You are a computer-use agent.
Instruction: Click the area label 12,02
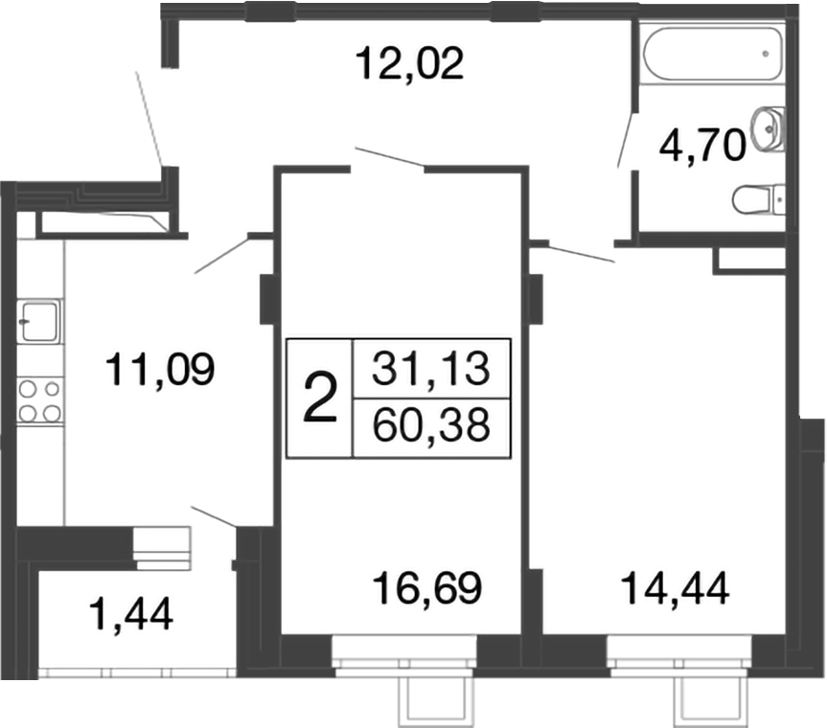coord(409,64)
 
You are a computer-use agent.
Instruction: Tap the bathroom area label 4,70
coord(701,148)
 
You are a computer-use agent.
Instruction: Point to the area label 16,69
coord(426,586)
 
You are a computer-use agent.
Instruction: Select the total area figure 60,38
coord(431,422)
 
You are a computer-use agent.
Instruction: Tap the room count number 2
coord(320,398)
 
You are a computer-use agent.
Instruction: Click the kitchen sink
coord(39,320)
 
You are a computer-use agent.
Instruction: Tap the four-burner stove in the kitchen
coord(40,400)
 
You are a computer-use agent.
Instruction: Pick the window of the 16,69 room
coord(403,660)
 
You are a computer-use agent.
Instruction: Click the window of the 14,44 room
coord(678,660)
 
